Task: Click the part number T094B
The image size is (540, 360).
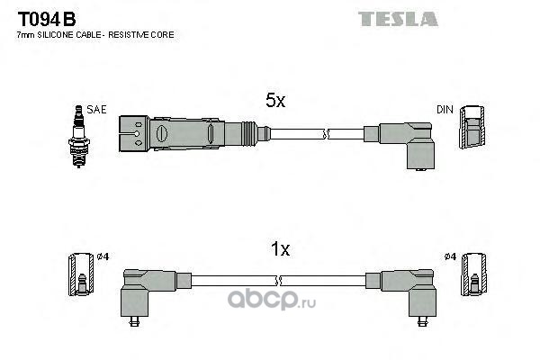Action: pos(47,19)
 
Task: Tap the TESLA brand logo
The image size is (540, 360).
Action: pos(398,19)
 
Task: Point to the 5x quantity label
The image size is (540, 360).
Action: pos(275,100)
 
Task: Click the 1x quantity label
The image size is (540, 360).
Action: pos(280,248)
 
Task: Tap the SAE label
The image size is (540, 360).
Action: pos(96,110)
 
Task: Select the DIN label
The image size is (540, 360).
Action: pos(445,110)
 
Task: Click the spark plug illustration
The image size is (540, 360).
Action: pos(79,137)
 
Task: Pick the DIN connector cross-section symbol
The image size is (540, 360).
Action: pos(472,127)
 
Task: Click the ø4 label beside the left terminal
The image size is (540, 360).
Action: pos(103,256)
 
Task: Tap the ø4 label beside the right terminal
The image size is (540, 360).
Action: pos(450,256)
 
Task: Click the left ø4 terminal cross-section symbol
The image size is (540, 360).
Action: pos(81,274)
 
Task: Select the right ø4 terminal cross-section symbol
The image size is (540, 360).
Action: pos(474,274)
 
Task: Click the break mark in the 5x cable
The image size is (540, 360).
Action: pos(326,134)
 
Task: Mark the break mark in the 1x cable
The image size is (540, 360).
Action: pos(279,281)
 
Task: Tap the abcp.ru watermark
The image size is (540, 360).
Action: pos(272,300)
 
